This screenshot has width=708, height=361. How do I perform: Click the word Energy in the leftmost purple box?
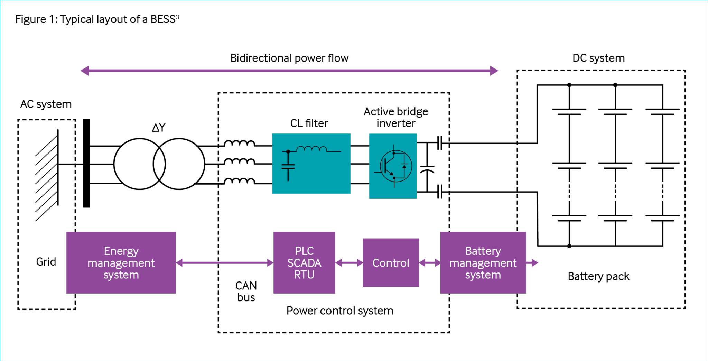click(x=121, y=251)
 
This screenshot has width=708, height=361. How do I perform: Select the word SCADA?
click(x=304, y=263)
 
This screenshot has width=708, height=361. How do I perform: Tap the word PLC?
click(x=304, y=251)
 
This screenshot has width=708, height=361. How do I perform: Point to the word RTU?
click(x=304, y=275)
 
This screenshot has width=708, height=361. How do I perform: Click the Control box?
click(x=391, y=263)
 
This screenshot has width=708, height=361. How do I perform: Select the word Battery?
click(x=483, y=251)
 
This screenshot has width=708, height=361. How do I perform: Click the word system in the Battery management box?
click(x=483, y=275)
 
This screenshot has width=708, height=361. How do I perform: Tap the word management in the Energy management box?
click(x=121, y=263)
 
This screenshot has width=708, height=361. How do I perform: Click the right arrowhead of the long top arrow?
click(x=494, y=71)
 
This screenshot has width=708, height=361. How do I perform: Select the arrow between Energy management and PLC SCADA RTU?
click(x=225, y=263)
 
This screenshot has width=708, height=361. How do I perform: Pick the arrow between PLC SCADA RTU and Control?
click(x=349, y=263)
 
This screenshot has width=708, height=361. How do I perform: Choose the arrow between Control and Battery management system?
click(x=430, y=263)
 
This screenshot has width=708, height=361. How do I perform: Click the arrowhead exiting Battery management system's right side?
click(x=535, y=263)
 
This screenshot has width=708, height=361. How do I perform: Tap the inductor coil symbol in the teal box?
click(x=311, y=149)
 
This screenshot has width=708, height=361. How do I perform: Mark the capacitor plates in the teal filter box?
click(x=288, y=167)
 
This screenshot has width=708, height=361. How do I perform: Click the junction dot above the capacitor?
click(x=288, y=151)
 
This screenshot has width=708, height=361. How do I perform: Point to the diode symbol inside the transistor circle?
click(x=404, y=166)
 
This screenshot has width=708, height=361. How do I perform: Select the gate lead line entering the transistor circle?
click(x=378, y=172)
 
